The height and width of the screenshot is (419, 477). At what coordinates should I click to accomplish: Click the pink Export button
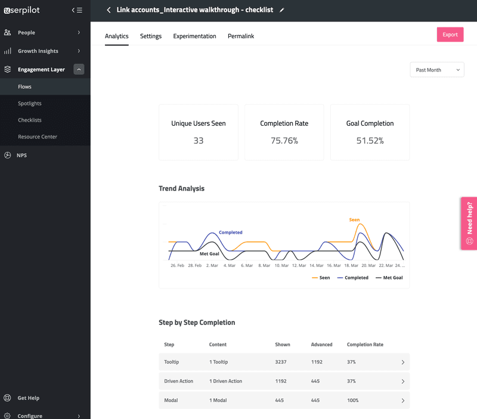[x=450, y=35]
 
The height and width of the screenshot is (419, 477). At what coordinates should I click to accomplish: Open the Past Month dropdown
[x=437, y=70]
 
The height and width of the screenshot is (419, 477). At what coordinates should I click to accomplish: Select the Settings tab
[x=151, y=36]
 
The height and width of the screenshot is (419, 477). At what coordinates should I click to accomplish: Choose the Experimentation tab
[x=194, y=36]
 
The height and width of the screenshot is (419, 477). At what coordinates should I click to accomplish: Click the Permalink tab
[x=241, y=36]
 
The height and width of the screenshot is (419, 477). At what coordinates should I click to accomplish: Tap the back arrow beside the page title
[x=109, y=10]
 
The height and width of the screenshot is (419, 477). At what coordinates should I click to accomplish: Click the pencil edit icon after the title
[x=282, y=10]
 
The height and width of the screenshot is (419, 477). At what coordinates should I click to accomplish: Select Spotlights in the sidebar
[x=30, y=104]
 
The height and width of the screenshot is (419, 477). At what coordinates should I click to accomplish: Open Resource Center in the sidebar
[x=38, y=137]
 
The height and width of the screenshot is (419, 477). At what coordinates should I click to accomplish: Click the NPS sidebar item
[x=22, y=156]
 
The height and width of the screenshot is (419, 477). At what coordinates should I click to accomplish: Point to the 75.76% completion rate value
[x=284, y=141]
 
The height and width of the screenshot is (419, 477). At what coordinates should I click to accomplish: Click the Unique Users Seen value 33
[x=199, y=141]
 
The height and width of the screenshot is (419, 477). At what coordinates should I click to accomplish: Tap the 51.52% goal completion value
[x=370, y=141]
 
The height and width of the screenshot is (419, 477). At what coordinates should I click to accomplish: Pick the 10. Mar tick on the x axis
[x=281, y=265]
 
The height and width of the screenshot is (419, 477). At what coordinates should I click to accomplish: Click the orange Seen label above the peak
[x=354, y=220]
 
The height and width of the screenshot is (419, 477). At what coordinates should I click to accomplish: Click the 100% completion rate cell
[x=353, y=401]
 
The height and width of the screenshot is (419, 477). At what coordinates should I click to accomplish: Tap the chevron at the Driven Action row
[x=403, y=381]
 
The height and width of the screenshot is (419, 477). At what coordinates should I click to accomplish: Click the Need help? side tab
[x=469, y=224]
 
